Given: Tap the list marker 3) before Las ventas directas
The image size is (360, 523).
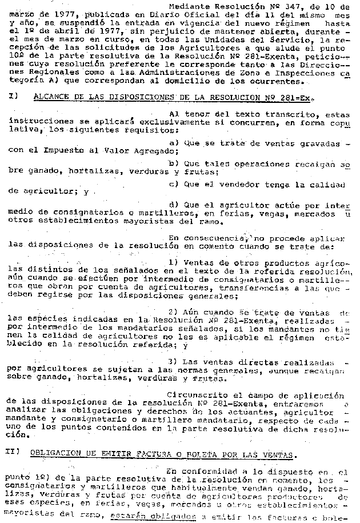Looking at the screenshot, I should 174,362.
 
